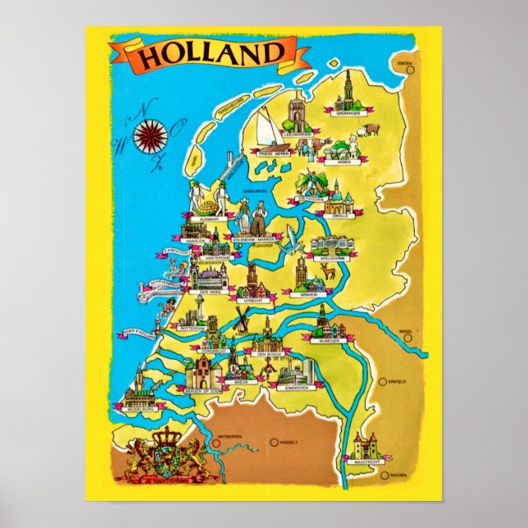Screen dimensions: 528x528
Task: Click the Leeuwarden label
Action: pos(299,133)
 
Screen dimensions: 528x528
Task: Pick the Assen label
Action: pos(344,161)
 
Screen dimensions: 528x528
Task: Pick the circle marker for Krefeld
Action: pos(383,380)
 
